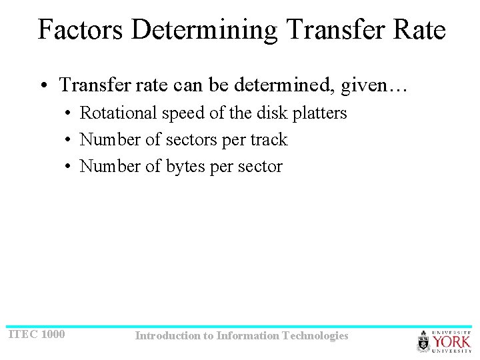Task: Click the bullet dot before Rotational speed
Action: [69, 114]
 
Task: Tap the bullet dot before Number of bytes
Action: [69, 167]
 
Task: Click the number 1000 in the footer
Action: [53, 334]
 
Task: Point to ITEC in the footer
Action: [23, 334]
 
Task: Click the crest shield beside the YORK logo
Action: [424, 342]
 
